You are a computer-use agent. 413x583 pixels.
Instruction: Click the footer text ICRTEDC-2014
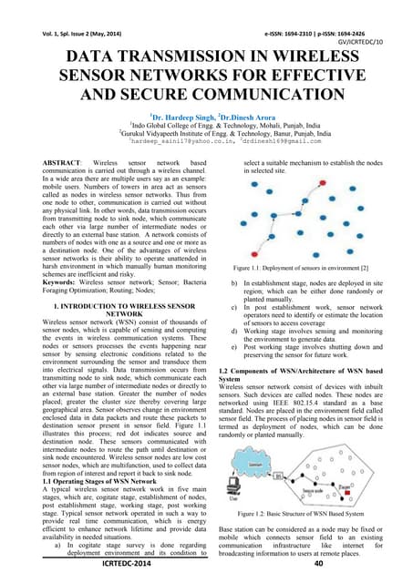(118, 565)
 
